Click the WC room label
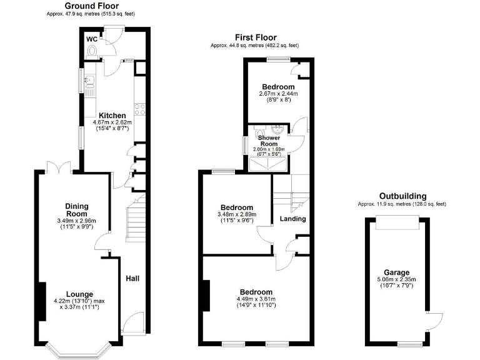pos(92,39)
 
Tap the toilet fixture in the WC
pos(93,53)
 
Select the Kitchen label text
pos(112,116)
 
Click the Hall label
pos(133,279)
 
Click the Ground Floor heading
pos(91,6)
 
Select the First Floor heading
pos(256,38)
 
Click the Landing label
pos(292,219)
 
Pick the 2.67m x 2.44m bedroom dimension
pos(278,94)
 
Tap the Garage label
pos(397,272)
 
